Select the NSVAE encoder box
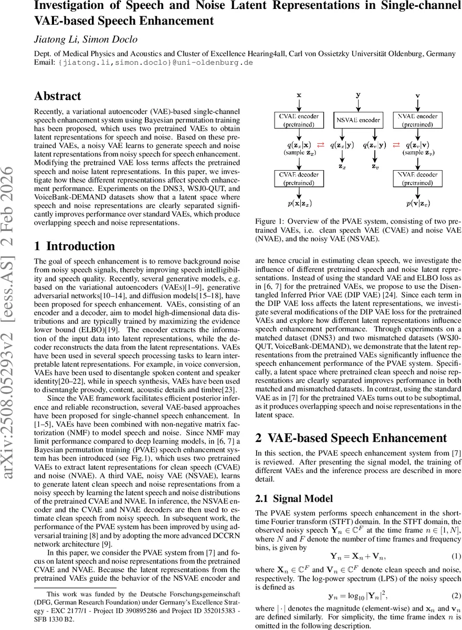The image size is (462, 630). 358,120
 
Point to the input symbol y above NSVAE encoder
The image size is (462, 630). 358,96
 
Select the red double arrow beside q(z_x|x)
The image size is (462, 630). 321,144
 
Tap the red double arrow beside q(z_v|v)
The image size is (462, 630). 397,144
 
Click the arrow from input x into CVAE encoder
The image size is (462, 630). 298,105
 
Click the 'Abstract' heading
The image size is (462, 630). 58,96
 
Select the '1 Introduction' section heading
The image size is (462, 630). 74,246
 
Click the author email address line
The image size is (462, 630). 144,62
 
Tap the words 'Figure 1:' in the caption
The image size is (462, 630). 270,221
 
